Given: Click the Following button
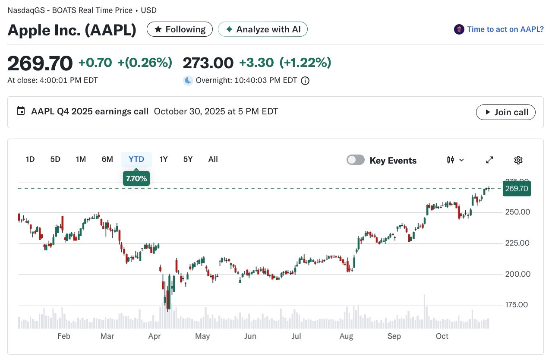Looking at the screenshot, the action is point(180,29).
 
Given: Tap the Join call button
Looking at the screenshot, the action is point(506,112).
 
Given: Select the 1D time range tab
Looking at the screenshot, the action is point(30,159).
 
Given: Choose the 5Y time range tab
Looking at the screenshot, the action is point(188,159).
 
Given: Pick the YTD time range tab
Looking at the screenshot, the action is point(136,159).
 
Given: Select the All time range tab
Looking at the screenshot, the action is point(213,159).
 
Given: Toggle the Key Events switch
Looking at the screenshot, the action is point(355,160).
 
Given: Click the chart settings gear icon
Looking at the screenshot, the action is point(518,160).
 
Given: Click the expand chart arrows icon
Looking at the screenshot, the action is point(489,160).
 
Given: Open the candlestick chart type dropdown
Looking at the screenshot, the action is point(455,160).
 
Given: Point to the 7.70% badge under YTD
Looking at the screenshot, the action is point(136,178).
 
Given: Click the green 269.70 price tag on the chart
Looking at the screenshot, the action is point(517,189).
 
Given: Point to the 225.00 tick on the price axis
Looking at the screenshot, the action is point(517,243).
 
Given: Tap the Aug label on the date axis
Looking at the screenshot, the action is point(346,336).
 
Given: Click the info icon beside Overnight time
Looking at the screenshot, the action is point(305,81).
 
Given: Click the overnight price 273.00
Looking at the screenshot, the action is point(208,63).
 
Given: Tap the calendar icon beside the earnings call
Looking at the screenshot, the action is point(21,111).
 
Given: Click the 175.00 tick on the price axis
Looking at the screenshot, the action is point(517,305).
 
